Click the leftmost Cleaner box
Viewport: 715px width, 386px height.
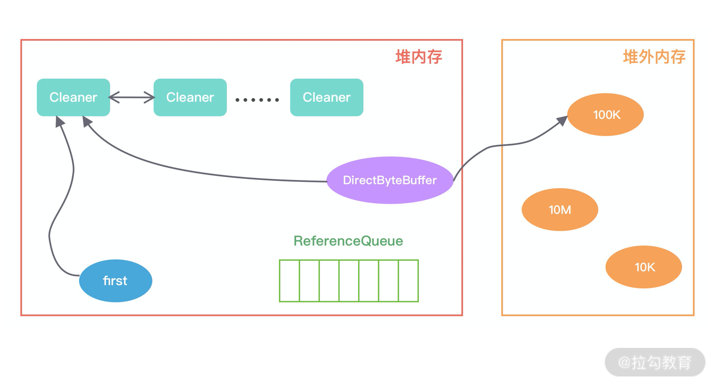click(x=73, y=97)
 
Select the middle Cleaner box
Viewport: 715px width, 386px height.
click(x=190, y=97)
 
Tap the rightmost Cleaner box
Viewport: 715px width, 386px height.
click(x=326, y=97)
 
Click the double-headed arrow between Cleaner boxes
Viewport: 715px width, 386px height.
click(x=132, y=98)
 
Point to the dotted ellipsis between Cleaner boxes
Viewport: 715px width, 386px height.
click(x=257, y=100)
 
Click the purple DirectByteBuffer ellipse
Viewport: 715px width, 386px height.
click(x=390, y=180)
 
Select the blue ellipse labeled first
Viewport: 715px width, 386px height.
click(x=116, y=281)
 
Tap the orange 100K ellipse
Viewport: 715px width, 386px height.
click(x=605, y=115)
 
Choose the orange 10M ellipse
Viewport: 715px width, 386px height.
click(x=560, y=210)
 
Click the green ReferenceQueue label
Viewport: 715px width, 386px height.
click(x=348, y=241)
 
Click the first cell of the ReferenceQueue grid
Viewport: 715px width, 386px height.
click(x=290, y=281)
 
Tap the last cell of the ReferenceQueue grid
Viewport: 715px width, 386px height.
click(x=408, y=281)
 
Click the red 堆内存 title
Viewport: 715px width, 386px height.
click(x=418, y=57)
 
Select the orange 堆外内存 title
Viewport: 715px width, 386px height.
click(x=654, y=57)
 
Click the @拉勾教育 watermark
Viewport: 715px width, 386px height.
click(x=655, y=362)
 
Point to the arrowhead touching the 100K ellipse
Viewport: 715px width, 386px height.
click(x=562, y=121)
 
